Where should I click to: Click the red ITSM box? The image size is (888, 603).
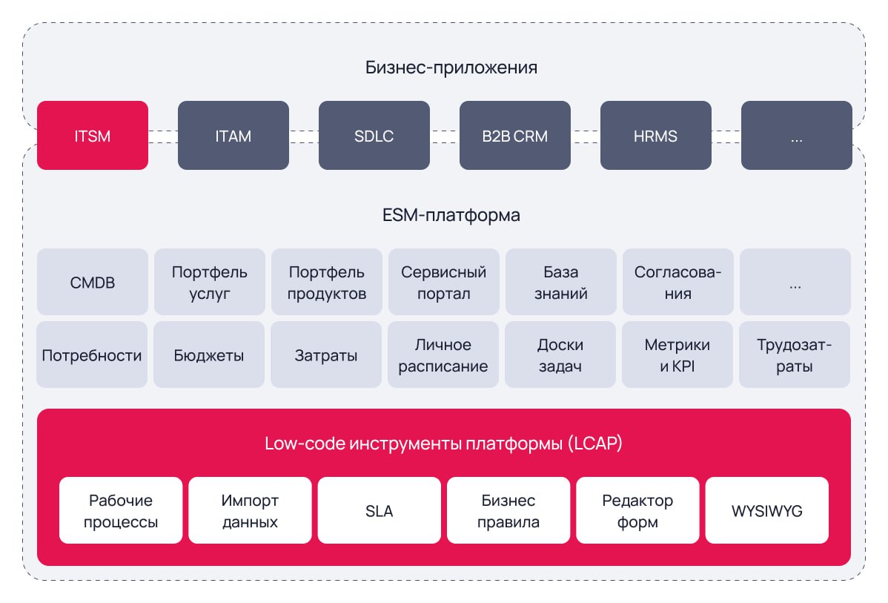[93, 136]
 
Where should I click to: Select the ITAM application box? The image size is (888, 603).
[233, 136]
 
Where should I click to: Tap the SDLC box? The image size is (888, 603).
[374, 136]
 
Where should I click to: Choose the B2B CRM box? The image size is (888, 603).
[515, 136]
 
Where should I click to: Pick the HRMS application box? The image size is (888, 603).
[656, 136]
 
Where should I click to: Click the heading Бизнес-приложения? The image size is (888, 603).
[451, 68]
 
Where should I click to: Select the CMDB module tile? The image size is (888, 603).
[93, 283]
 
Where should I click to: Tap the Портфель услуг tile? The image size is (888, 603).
[209, 283]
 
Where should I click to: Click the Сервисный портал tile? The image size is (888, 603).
[443, 283]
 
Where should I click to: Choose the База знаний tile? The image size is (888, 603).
[560, 283]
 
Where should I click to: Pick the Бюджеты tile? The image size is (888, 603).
[209, 355]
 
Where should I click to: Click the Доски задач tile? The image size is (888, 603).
[560, 355]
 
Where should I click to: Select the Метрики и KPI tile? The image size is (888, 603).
[677, 355]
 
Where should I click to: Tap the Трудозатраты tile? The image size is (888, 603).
[795, 355]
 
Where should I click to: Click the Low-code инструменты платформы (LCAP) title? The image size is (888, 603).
[443, 444]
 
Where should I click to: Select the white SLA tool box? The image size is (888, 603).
[379, 511]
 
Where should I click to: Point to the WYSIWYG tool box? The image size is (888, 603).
[766, 511]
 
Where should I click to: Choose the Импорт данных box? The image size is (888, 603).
[250, 511]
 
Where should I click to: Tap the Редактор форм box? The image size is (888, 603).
[637, 511]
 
